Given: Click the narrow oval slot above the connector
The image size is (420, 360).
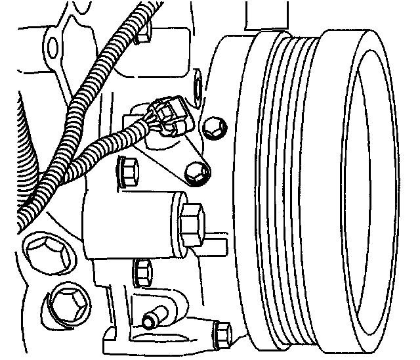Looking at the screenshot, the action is click(196, 87).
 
